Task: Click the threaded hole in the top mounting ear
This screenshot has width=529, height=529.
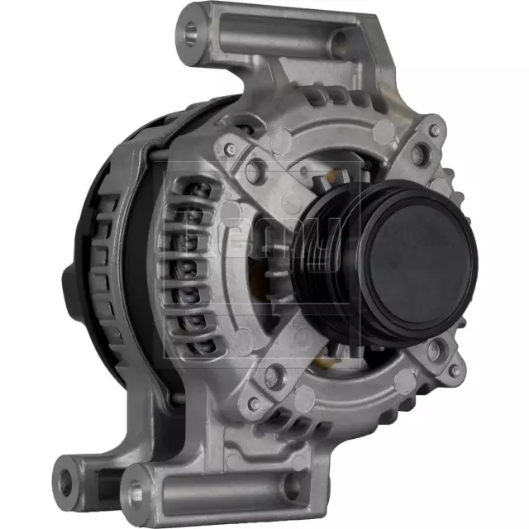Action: tap(193, 33)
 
